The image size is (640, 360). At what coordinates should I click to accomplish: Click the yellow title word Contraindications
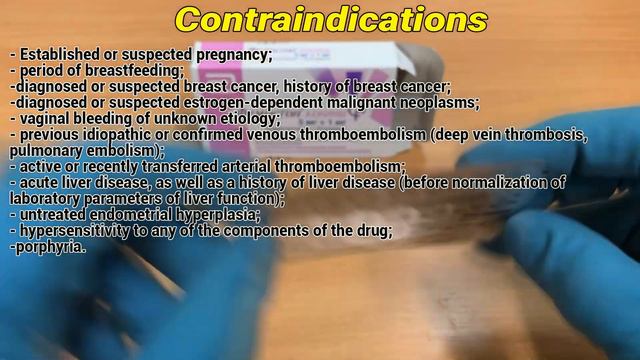[330, 20]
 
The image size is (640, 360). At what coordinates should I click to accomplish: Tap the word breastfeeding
[139, 71]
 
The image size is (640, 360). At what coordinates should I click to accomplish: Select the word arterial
[241, 166]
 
